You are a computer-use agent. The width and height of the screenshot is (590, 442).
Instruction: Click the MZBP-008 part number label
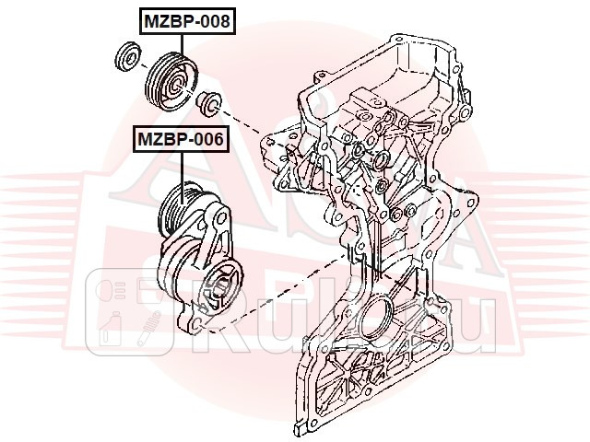(x=186, y=18)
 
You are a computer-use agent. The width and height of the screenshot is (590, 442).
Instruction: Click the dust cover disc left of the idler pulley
(x=125, y=57)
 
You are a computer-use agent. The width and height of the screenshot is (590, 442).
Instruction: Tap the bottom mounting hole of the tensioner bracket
(x=196, y=325)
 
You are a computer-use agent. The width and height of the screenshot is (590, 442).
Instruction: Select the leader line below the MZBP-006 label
(x=183, y=170)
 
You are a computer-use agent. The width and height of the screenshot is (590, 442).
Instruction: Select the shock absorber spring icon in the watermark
(x=145, y=330)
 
